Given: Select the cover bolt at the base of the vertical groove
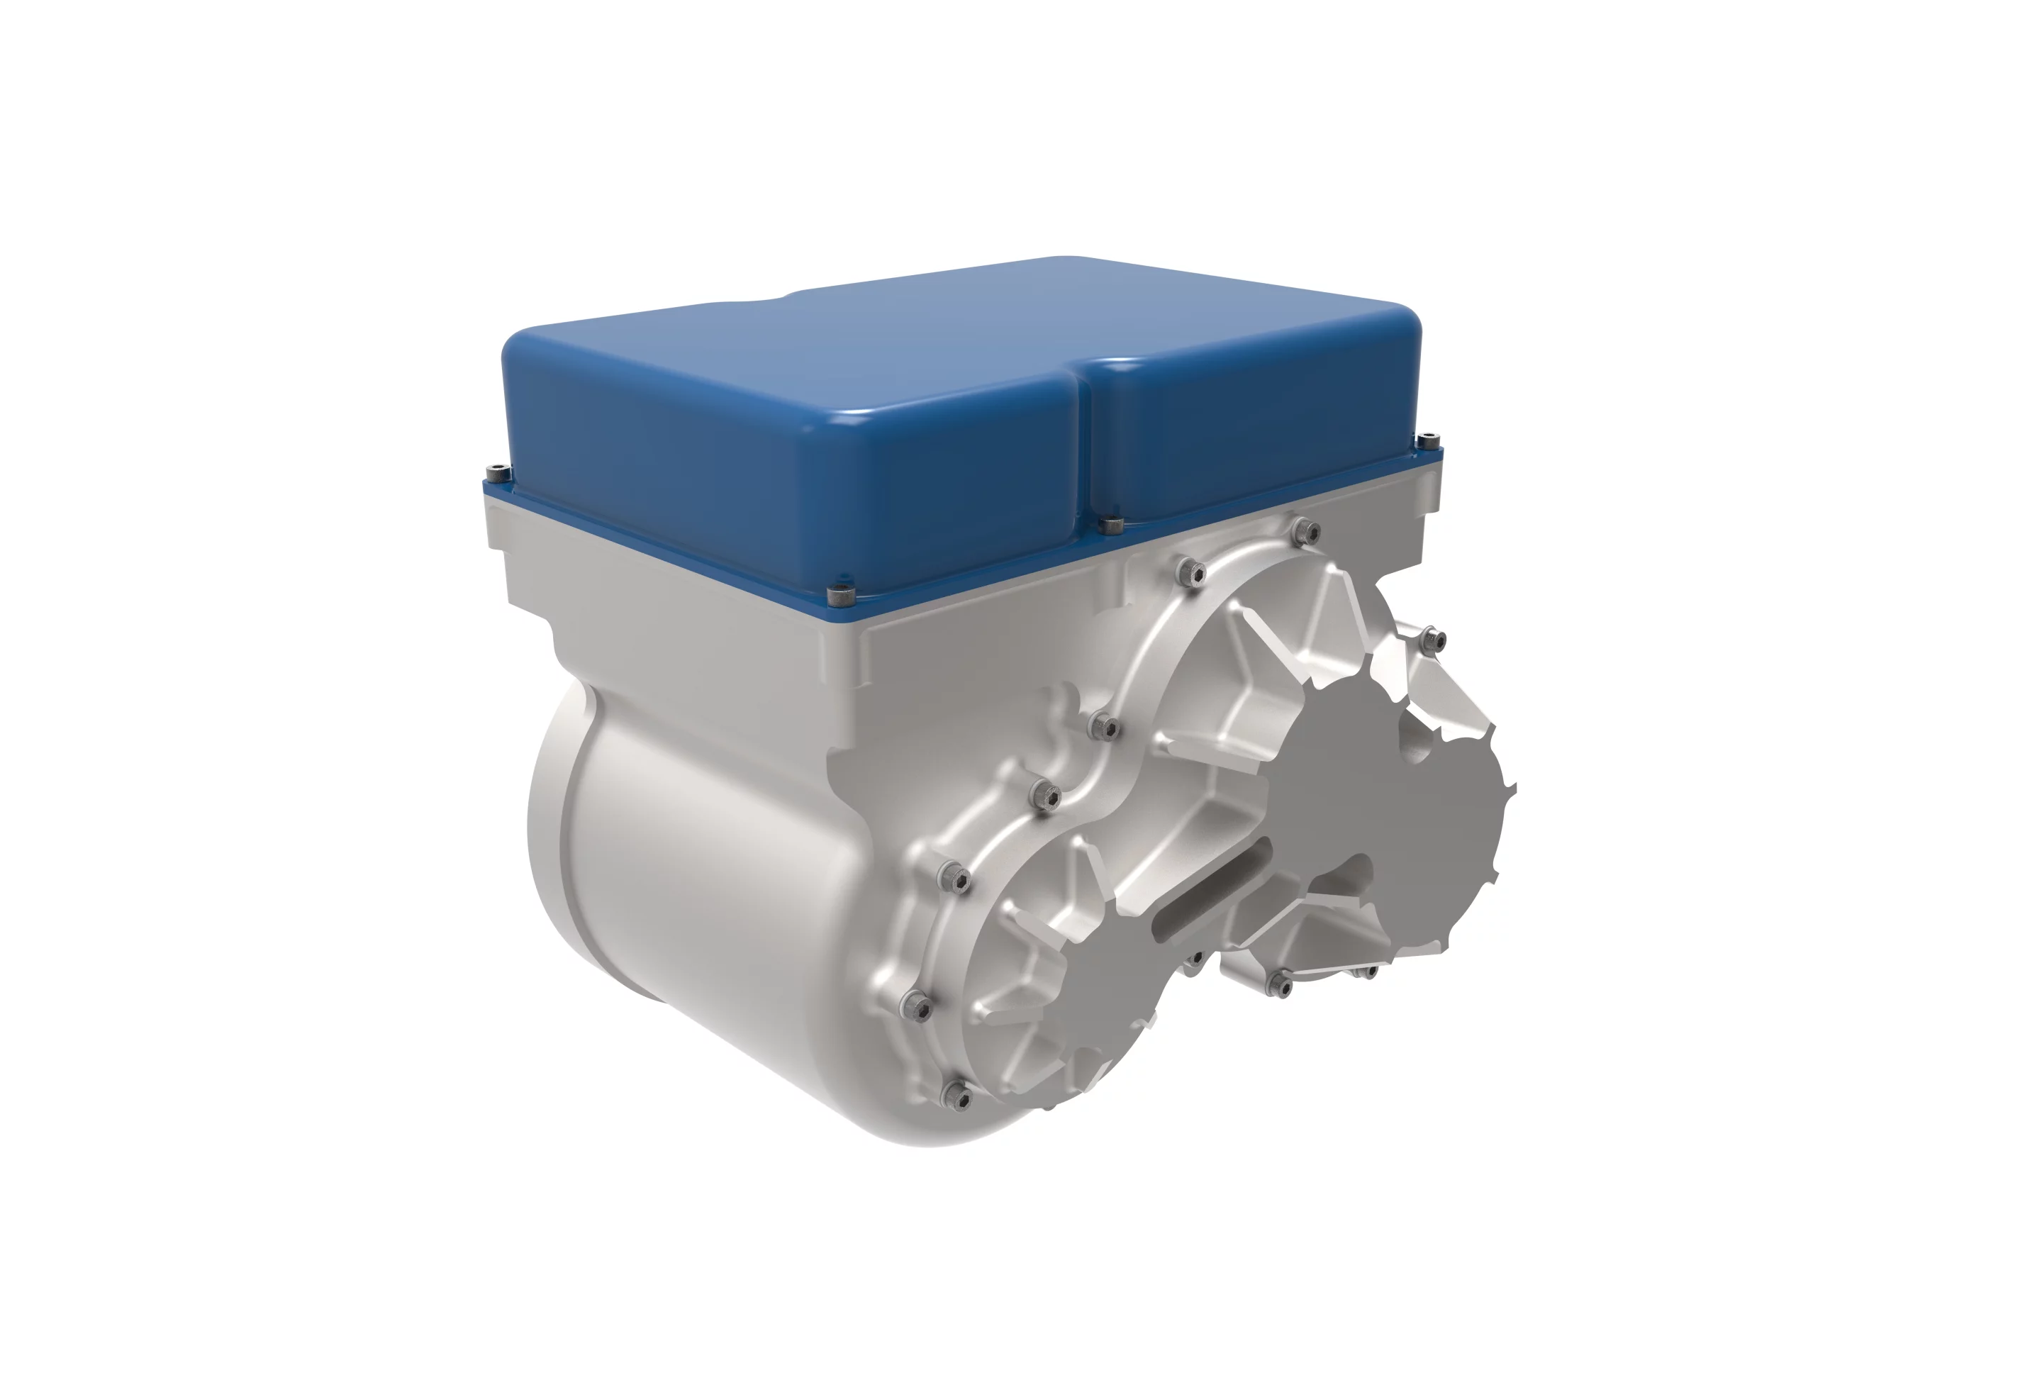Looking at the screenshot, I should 1112,525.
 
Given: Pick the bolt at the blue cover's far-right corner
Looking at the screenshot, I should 1428,438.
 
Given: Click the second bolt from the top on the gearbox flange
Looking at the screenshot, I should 1191,573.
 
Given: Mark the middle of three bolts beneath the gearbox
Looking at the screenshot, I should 1281,984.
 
